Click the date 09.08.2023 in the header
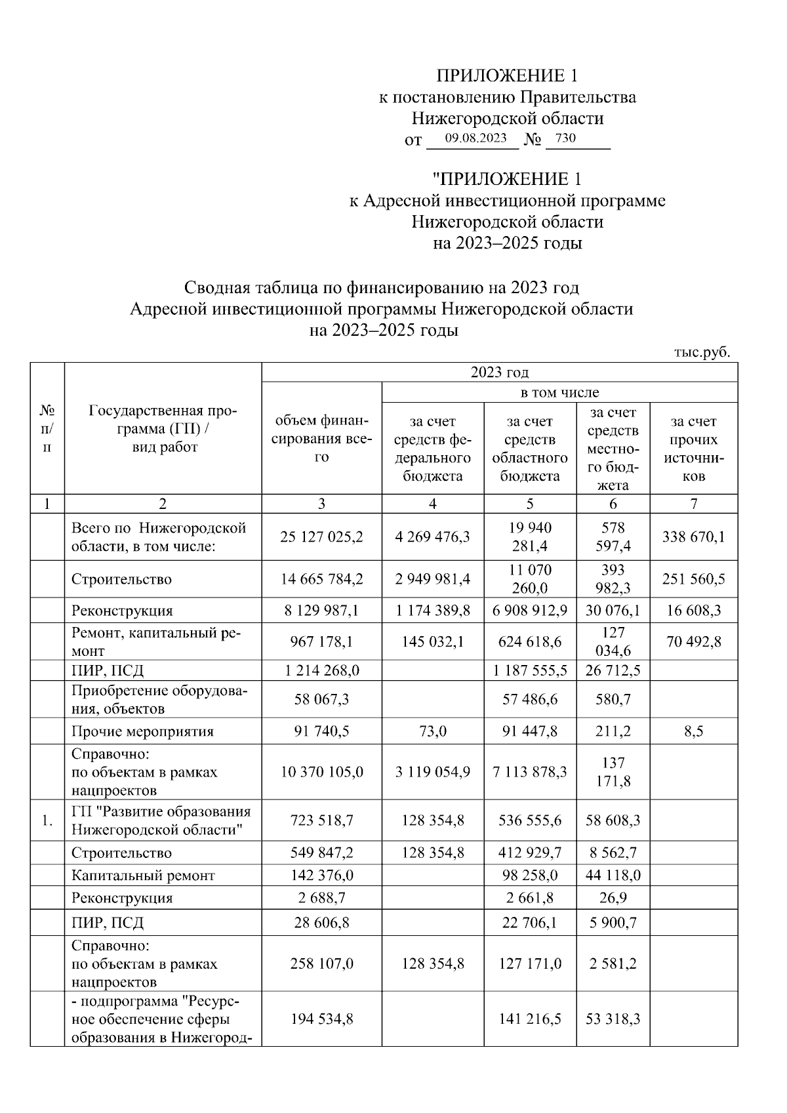(x=475, y=138)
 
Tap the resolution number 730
(x=565, y=138)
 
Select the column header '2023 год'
(x=499, y=373)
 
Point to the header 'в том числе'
(x=559, y=393)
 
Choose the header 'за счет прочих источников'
(x=694, y=449)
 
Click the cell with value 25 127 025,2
(x=321, y=537)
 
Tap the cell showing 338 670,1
(x=694, y=537)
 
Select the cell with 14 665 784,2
(x=321, y=579)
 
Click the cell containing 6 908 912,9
(x=530, y=611)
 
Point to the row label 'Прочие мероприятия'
(x=142, y=731)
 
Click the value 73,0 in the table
(x=432, y=731)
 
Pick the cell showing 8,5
(x=694, y=731)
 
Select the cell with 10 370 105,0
(x=321, y=772)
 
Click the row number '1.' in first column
(x=47, y=820)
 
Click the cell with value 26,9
(x=613, y=898)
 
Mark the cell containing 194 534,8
(x=321, y=1019)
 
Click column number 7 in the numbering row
(x=694, y=504)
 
